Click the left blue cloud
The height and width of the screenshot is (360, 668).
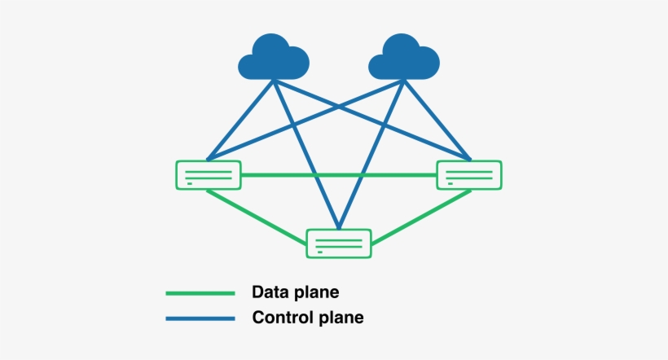click(274, 57)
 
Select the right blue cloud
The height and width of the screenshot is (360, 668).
click(404, 57)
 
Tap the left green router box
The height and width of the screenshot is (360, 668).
click(209, 175)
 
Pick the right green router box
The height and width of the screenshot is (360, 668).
click(469, 175)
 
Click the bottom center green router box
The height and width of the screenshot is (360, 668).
click(339, 244)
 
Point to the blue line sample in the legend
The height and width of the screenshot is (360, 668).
click(200, 318)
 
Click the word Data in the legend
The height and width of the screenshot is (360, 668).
click(270, 292)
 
